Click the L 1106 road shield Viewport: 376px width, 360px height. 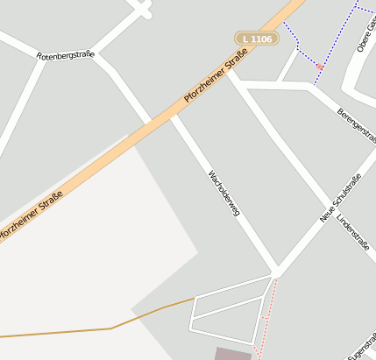[x=256, y=39]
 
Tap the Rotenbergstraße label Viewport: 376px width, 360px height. [x=65, y=55]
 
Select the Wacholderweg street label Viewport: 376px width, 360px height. [x=223, y=192]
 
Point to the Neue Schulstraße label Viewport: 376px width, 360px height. [x=341, y=198]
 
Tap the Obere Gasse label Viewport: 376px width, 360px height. [x=365, y=35]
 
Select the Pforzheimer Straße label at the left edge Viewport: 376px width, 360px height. [x=31, y=215]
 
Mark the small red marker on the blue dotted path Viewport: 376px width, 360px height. [x=319, y=67]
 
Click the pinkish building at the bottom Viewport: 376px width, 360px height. [x=232, y=353]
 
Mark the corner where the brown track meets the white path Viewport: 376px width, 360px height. [x=194, y=300]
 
